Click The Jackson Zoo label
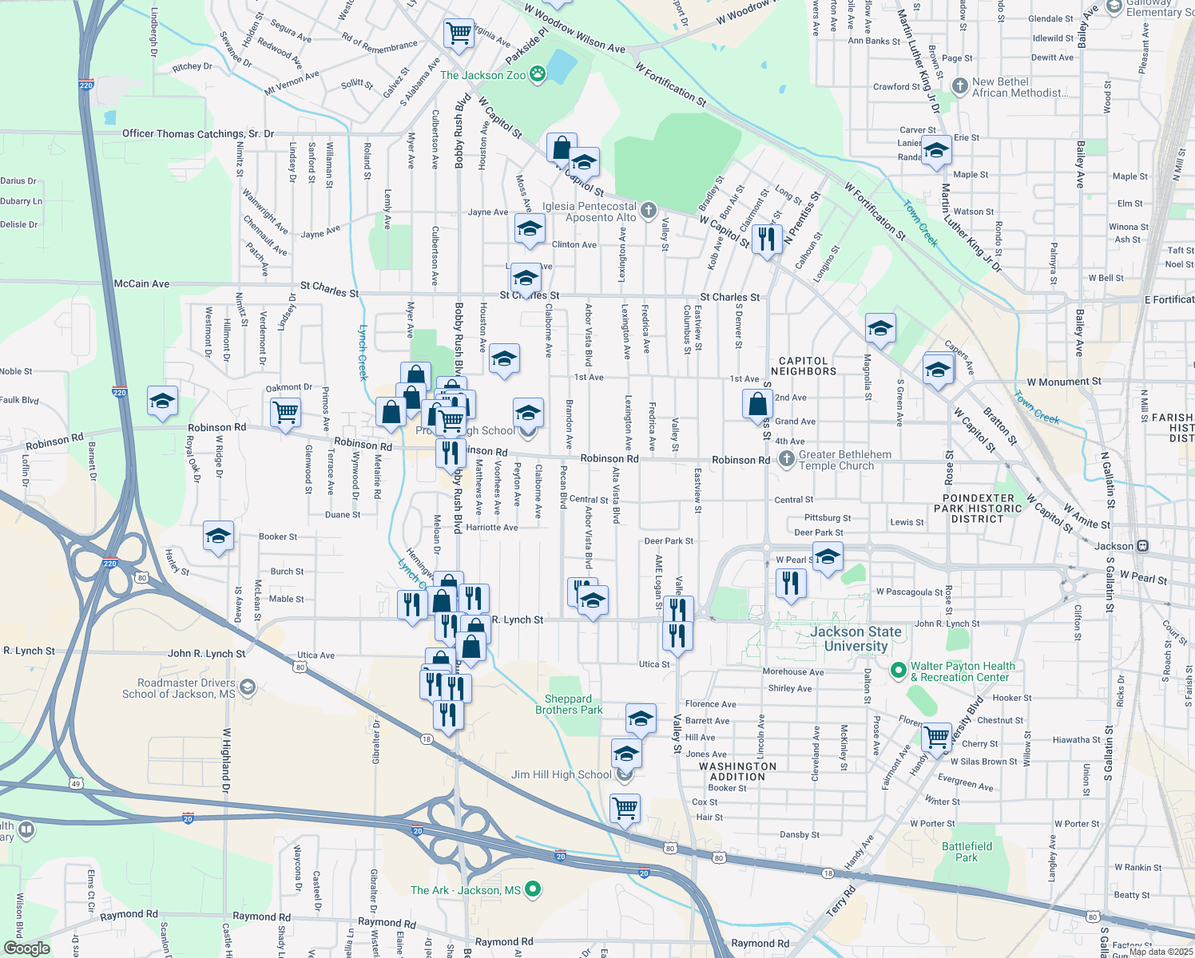coord(482,75)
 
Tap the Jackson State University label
coord(856,639)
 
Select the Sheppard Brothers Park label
coord(569,704)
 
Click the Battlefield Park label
coord(967,852)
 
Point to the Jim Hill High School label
coord(562,774)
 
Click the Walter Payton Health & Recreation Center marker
coord(898,669)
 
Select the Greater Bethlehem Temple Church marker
coord(787,458)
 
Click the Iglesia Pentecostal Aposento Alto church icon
coord(649,211)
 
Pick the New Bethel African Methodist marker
coord(959,84)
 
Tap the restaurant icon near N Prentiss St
coord(766,238)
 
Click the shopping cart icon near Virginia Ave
coord(459,34)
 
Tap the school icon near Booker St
coord(218,536)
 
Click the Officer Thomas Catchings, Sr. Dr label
coord(197,133)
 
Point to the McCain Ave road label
coord(141,283)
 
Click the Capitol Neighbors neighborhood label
coord(803,366)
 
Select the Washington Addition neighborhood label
coord(737,771)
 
